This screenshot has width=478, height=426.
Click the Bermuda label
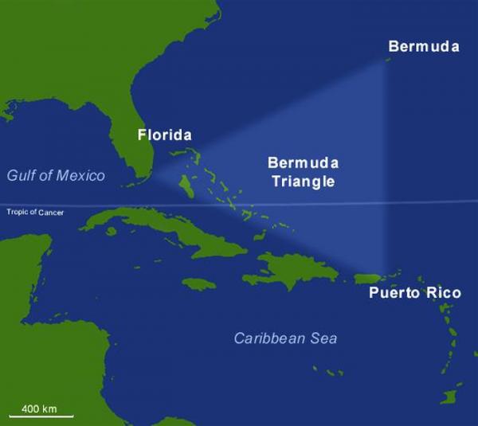point(424,46)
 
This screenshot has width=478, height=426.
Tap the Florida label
point(165,135)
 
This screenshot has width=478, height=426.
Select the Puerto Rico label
point(414,293)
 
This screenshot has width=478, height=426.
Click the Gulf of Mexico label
point(56,175)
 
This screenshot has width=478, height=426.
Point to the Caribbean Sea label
point(285,338)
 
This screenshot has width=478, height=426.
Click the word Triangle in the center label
point(302,182)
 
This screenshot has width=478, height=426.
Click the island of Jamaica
point(199,283)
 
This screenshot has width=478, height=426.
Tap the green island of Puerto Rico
point(370,278)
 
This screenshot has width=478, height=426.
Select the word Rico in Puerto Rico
point(444,293)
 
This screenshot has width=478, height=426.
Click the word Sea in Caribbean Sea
point(323,338)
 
